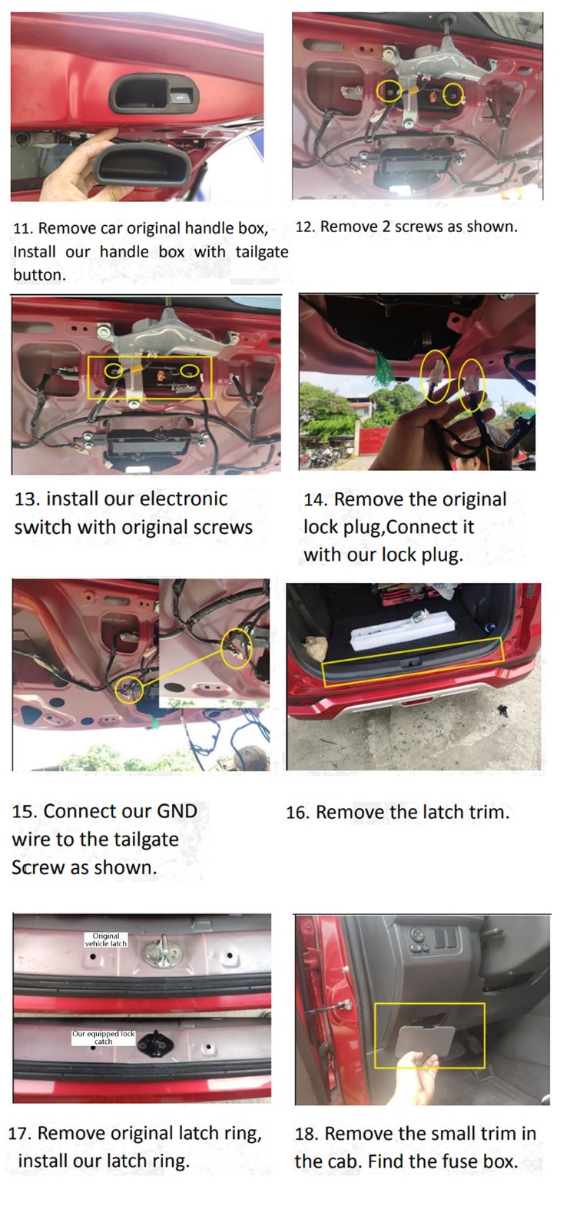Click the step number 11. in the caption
[23, 228]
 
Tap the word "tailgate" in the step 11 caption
[262, 252]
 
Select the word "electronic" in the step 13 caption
[184, 499]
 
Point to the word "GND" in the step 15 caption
[177, 811]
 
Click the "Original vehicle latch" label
[106, 939]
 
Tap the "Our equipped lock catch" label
[103, 1037]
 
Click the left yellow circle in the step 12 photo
[389, 91]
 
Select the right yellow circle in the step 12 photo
[453, 94]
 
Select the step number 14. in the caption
[316, 500]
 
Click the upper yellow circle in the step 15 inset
[237, 649]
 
